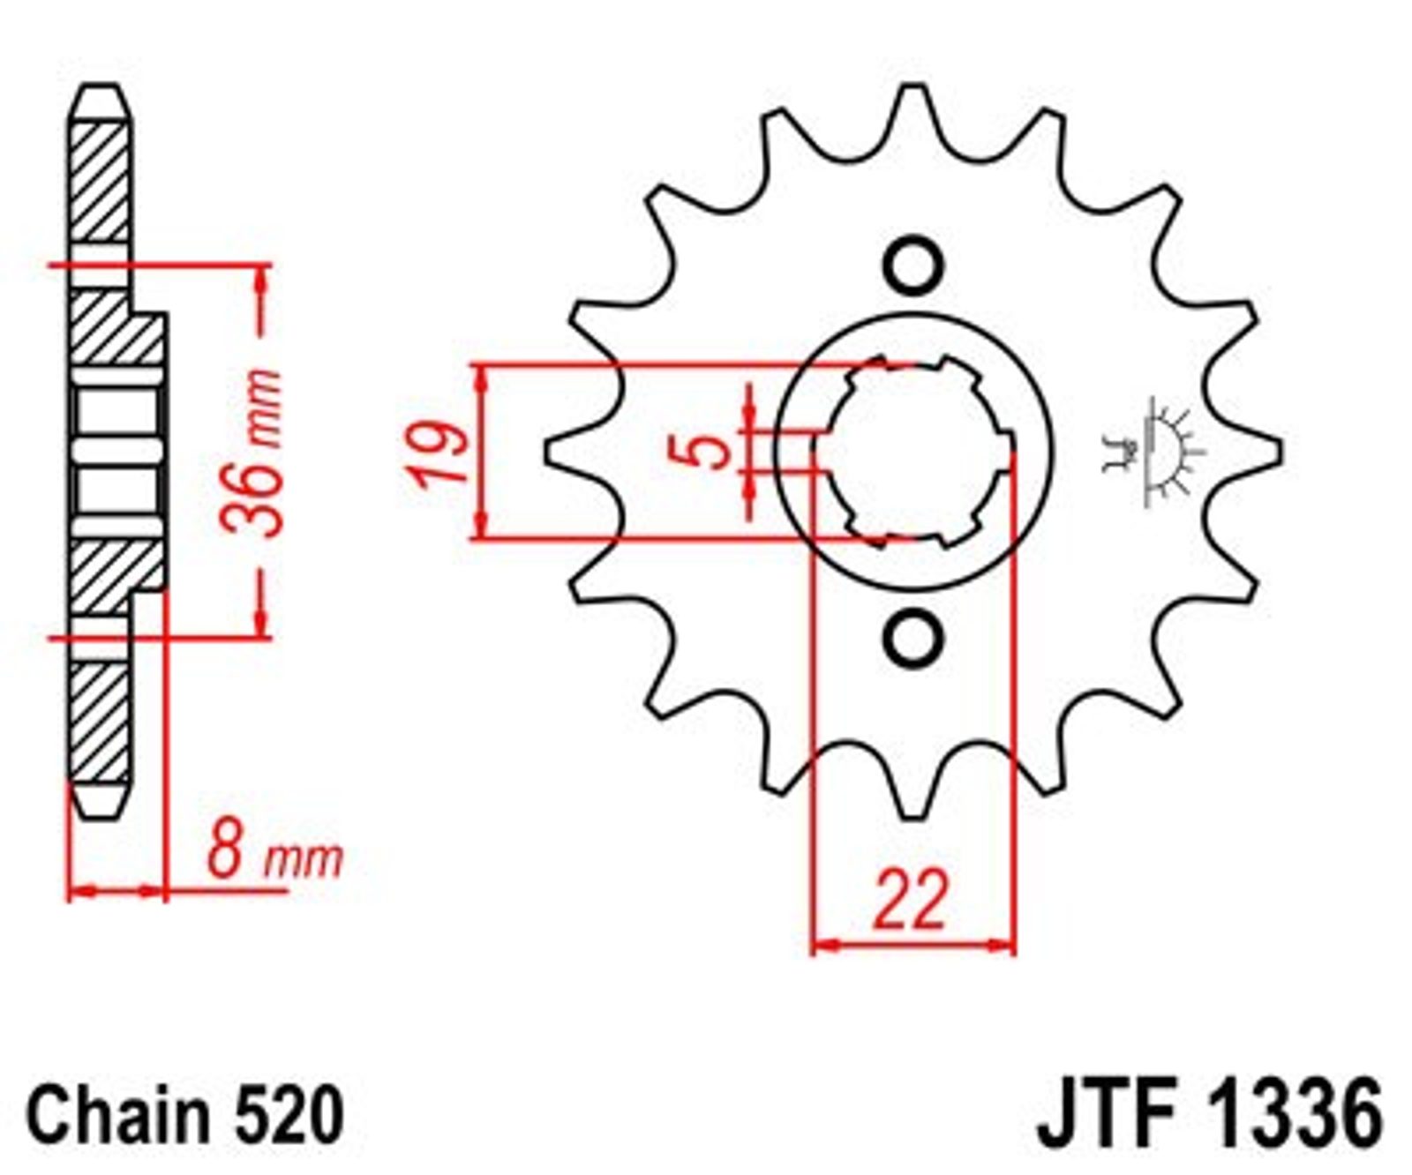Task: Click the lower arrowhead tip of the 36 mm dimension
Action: click(261, 634)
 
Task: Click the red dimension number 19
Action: click(439, 453)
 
